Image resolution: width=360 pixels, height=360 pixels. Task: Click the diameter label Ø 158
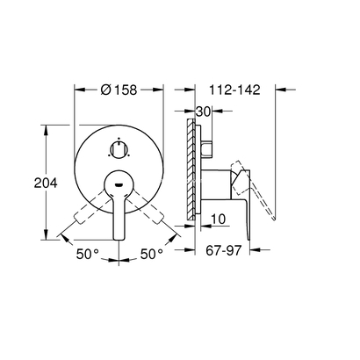click(x=119, y=89)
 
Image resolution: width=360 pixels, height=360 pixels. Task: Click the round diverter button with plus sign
click(x=119, y=147)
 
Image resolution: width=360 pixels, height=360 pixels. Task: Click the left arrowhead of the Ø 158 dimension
click(x=76, y=90)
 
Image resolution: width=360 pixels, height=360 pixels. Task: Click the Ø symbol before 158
click(x=104, y=89)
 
